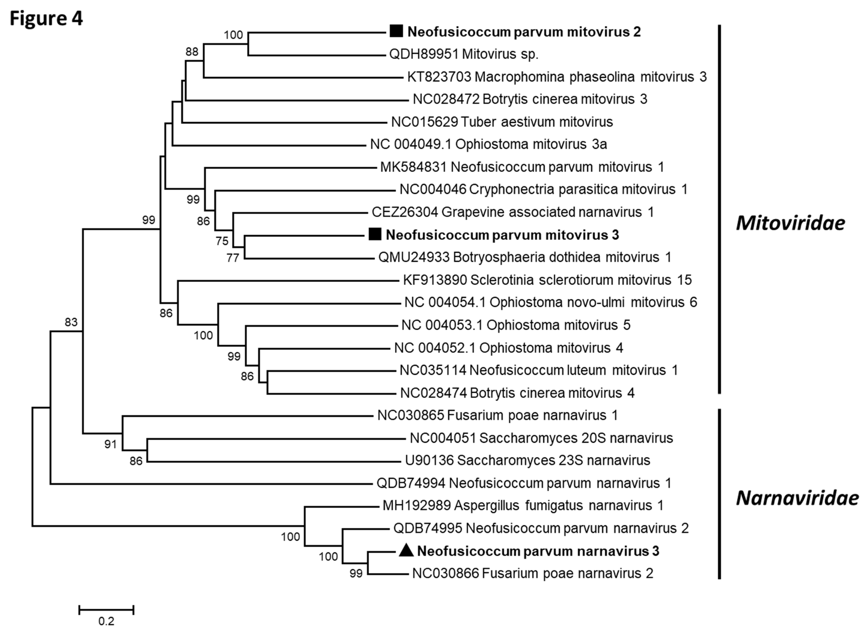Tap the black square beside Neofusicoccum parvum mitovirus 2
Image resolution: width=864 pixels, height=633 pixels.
point(396,31)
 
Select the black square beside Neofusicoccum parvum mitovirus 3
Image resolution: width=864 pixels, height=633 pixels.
point(375,234)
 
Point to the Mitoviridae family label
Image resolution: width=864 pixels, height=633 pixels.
point(790,223)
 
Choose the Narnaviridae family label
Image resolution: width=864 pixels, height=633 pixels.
point(797,498)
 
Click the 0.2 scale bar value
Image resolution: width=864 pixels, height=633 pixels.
point(106,621)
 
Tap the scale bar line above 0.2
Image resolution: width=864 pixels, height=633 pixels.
point(106,609)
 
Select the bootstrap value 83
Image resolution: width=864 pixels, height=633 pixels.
point(71,322)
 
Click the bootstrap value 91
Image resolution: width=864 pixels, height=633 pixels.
point(110,444)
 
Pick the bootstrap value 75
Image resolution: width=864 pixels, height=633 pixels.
point(222,241)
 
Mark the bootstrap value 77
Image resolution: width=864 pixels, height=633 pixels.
point(233,258)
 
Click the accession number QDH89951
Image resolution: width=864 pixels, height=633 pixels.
point(423,54)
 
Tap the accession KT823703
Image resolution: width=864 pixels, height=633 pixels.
point(439,77)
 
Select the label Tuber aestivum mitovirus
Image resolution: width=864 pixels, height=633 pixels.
point(537,122)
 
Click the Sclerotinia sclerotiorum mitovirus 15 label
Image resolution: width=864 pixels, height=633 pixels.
point(581,280)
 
